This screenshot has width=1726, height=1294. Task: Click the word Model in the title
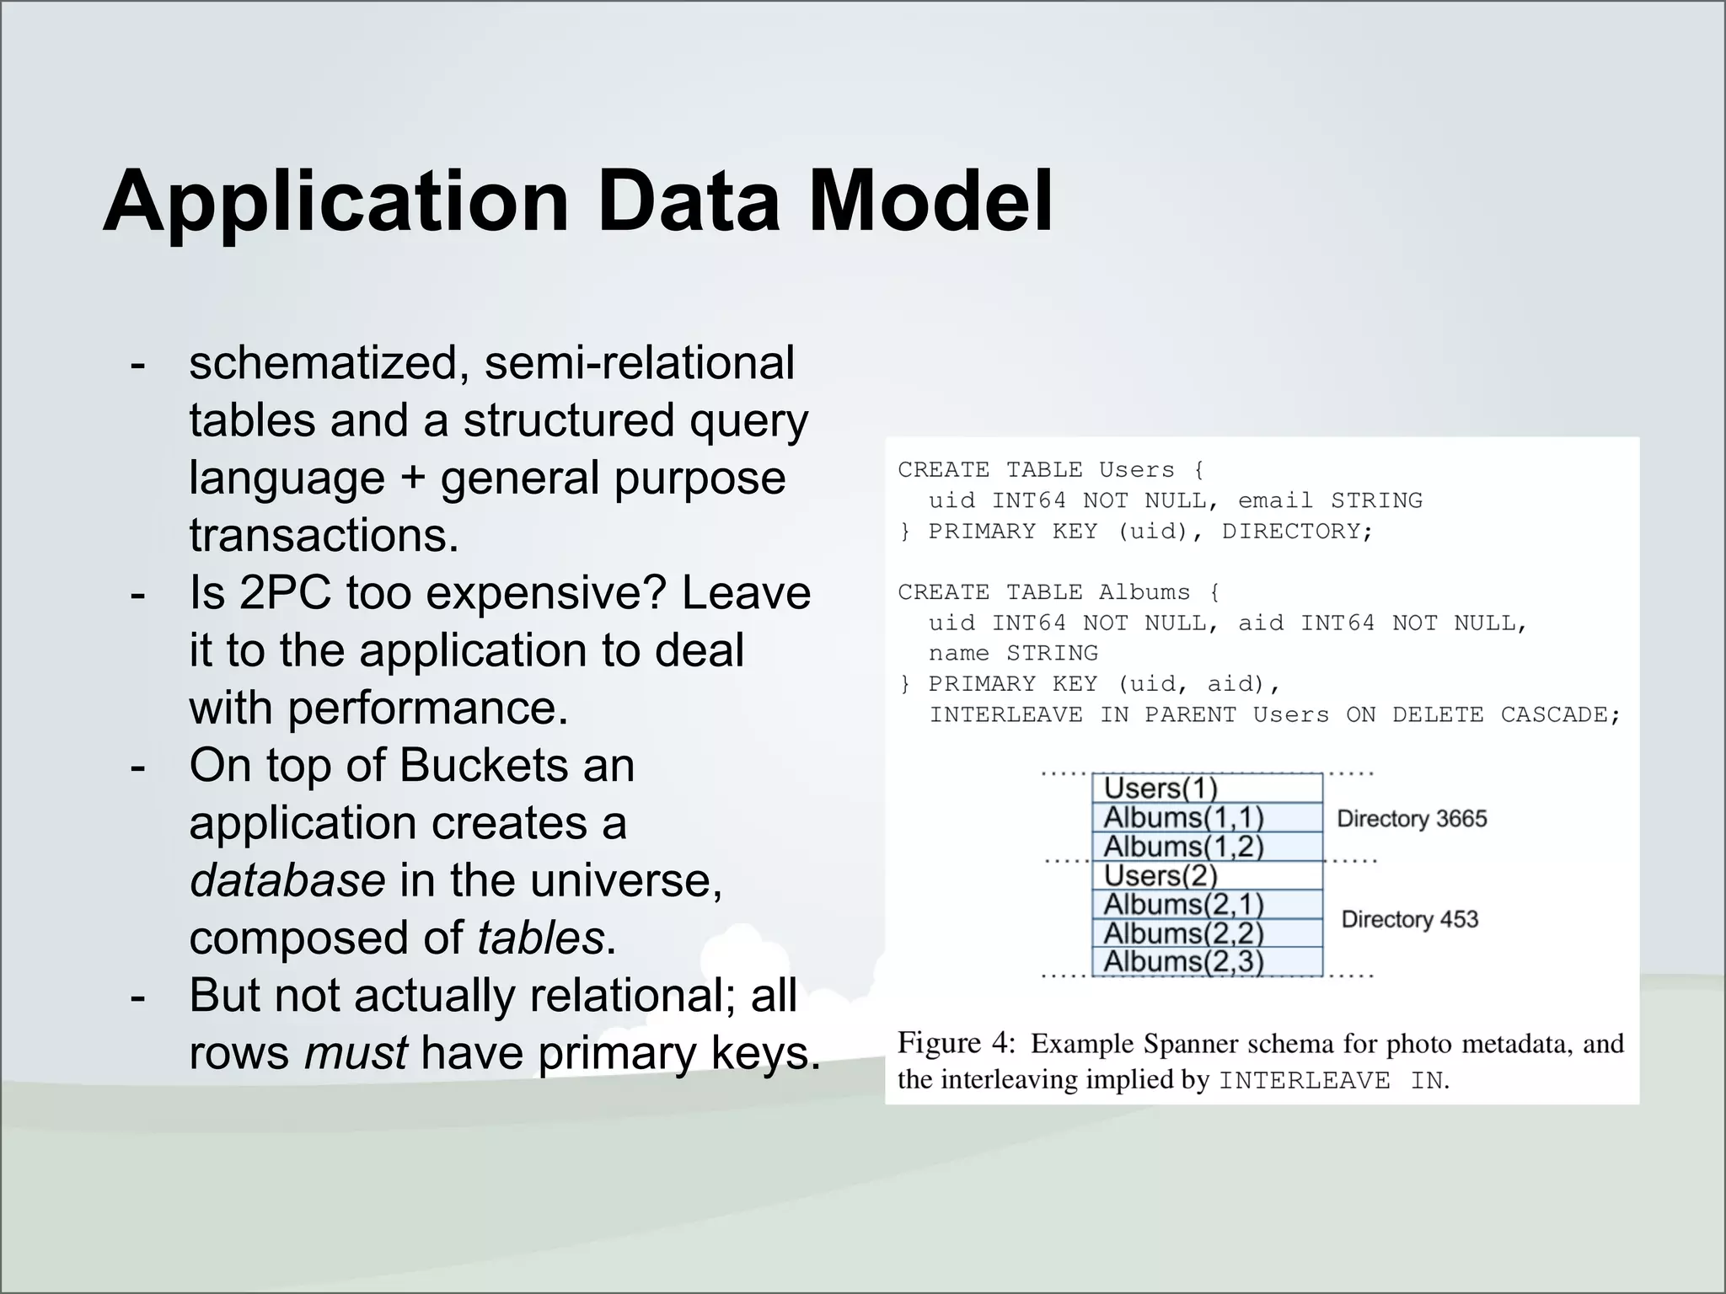[930, 201]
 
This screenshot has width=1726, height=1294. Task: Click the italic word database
[287, 880]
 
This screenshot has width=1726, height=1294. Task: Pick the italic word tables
[540, 938]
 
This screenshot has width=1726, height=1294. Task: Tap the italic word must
[356, 1053]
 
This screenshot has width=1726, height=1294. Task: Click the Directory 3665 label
[1412, 819]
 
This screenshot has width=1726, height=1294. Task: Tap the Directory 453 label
[1409, 919]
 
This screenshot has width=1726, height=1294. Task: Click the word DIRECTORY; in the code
[1298, 532]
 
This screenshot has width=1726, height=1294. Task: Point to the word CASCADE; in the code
[1560, 715]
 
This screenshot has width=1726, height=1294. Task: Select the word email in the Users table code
[1274, 500]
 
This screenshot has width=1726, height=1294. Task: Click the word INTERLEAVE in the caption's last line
[1304, 1081]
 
